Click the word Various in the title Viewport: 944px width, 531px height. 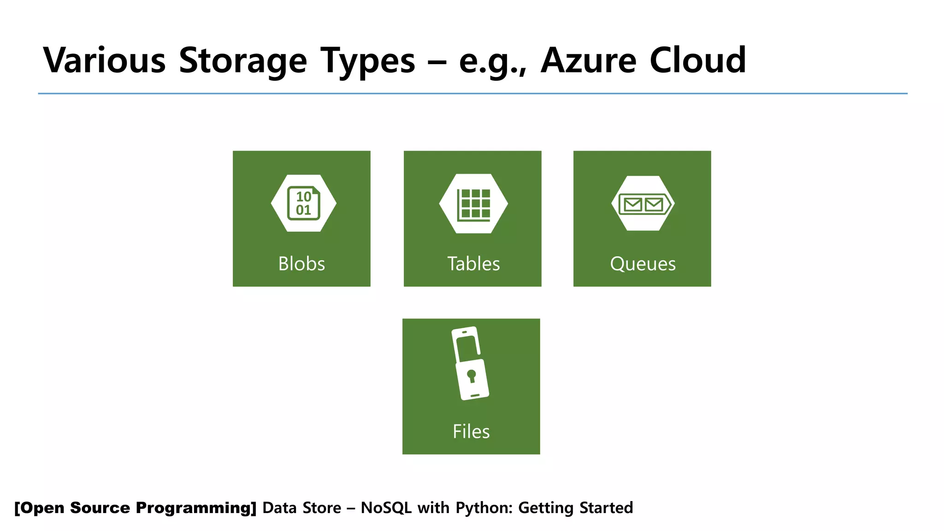104,60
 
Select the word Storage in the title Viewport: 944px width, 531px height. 243,60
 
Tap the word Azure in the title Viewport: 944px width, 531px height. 589,60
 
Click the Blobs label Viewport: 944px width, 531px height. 301,264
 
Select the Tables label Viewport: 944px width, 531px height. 473,264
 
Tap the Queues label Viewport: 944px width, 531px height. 643,264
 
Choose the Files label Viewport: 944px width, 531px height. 471,431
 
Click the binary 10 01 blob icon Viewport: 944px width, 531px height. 303,203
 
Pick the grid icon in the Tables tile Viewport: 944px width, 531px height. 473,204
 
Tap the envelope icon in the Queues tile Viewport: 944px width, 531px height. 643,204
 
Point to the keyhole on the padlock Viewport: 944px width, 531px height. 471,375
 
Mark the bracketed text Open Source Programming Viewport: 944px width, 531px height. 135,507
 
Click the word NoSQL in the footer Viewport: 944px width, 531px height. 386,507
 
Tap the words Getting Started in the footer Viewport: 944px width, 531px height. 575,507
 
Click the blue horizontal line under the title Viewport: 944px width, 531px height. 472,94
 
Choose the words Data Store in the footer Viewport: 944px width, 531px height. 301,507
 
